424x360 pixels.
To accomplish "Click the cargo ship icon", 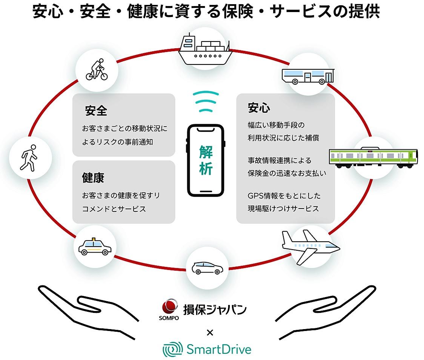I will click(x=205, y=49).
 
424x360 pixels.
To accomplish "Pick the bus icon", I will click(x=308, y=76).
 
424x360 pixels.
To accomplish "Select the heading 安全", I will click(x=96, y=111).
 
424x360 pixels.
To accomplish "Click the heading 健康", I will click(x=93, y=178).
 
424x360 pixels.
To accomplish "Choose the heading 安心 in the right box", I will click(x=259, y=108).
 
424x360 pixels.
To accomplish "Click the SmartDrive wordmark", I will click(x=218, y=349).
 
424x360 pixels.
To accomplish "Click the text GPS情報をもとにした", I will click(x=284, y=196).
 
